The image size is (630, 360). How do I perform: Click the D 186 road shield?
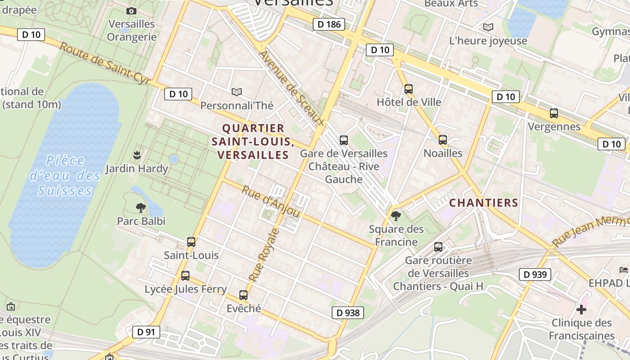click(329, 24)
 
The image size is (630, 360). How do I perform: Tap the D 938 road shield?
click(348, 313)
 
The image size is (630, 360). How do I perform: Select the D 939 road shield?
click(535, 274)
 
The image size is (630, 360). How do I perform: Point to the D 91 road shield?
click(146, 333)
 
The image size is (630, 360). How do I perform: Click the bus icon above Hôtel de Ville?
click(409, 89)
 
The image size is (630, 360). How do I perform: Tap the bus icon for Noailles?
click(443, 140)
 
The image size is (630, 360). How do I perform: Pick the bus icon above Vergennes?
click(554, 113)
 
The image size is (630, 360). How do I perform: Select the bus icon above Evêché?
click(243, 295)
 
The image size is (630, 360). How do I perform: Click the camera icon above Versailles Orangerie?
click(131, 11)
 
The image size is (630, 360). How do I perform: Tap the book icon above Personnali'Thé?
click(237, 92)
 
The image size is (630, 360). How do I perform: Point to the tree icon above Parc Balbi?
click(141, 207)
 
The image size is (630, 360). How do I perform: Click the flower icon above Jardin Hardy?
click(137, 155)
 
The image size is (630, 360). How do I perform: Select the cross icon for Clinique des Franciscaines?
click(581, 310)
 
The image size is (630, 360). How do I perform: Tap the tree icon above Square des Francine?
click(396, 216)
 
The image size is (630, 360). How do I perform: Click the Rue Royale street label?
click(264, 255)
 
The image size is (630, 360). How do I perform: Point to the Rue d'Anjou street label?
click(270, 201)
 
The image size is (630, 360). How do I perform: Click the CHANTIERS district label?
click(484, 203)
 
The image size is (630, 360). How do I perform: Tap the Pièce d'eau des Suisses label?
click(65, 175)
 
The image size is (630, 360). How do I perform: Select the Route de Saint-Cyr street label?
click(104, 64)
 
